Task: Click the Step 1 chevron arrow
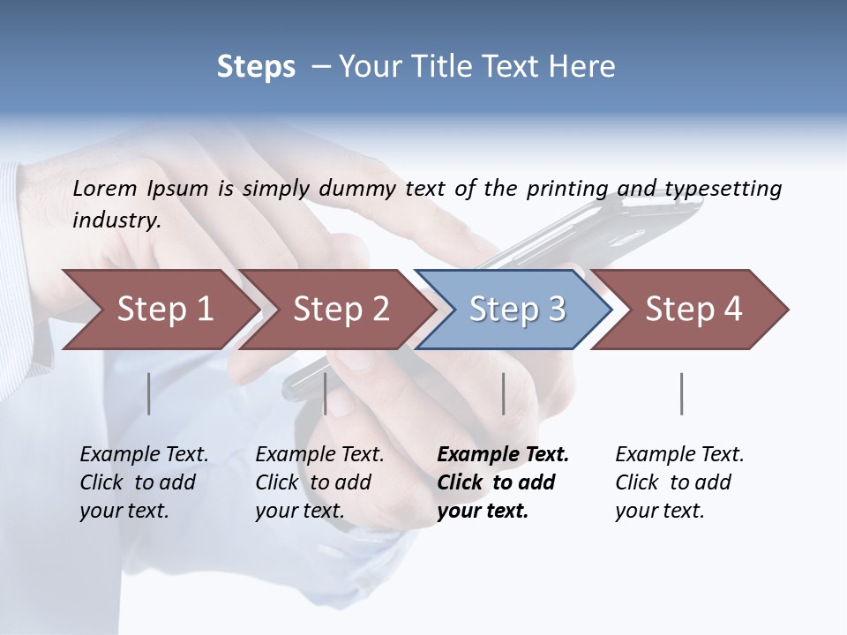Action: (163, 310)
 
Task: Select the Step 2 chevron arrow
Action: (340, 310)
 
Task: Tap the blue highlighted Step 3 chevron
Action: (516, 310)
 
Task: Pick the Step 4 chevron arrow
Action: (693, 310)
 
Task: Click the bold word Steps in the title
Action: (256, 67)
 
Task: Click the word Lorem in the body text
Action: (105, 188)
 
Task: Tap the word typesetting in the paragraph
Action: (723, 188)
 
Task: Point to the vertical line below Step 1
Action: (148, 393)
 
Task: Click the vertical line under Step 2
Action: (326, 393)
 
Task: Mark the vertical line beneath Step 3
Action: (503, 393)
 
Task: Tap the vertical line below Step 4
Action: (681, 393)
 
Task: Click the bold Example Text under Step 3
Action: (503, 454)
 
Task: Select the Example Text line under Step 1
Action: (144, 454)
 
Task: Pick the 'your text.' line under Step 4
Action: (659, 511)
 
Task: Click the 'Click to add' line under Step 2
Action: (313, 482)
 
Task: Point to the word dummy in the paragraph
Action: (360, 188)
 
